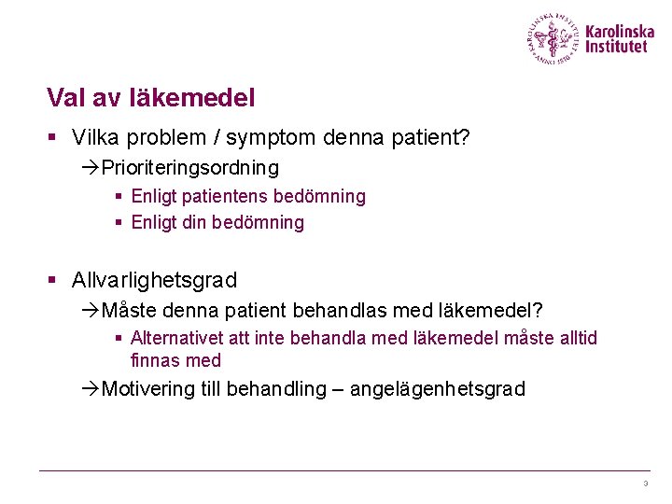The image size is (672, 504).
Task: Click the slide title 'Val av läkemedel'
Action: pyautogui.click(x=150, y=97)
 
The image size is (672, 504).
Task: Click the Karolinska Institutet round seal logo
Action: pyautogui.click(x=553, y=39)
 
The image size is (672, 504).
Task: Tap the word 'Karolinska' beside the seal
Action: pyautogui.click(x=620, y=32)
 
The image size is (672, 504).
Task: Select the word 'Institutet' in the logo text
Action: pyautogui.click(x=616, y=47)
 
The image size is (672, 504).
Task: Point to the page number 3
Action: pyautogui.click(x=645, y=483)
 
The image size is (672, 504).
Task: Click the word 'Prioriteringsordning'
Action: pyautogui.click(x=189, y=168)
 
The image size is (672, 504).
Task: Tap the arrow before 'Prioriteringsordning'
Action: pyautogui.click(x=91, y=168)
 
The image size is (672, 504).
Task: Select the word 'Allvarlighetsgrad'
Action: pyautogui.click(x=154, y=280)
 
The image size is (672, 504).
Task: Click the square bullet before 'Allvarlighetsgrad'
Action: pyautogui.click(x=53, y=280)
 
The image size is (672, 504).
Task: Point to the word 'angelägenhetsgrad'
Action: pyautogui.click(x=437, y=389)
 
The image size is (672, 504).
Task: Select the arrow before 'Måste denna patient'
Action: pyautogui.click(x=91, y=310)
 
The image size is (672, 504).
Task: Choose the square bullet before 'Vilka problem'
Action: pyautogui.click(x=53, y=138)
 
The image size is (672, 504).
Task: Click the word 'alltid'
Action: pyautogui.click(x=576, y=338)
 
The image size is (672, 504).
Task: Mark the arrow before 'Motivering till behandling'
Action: pyautogui.click(x=91, y=389)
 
